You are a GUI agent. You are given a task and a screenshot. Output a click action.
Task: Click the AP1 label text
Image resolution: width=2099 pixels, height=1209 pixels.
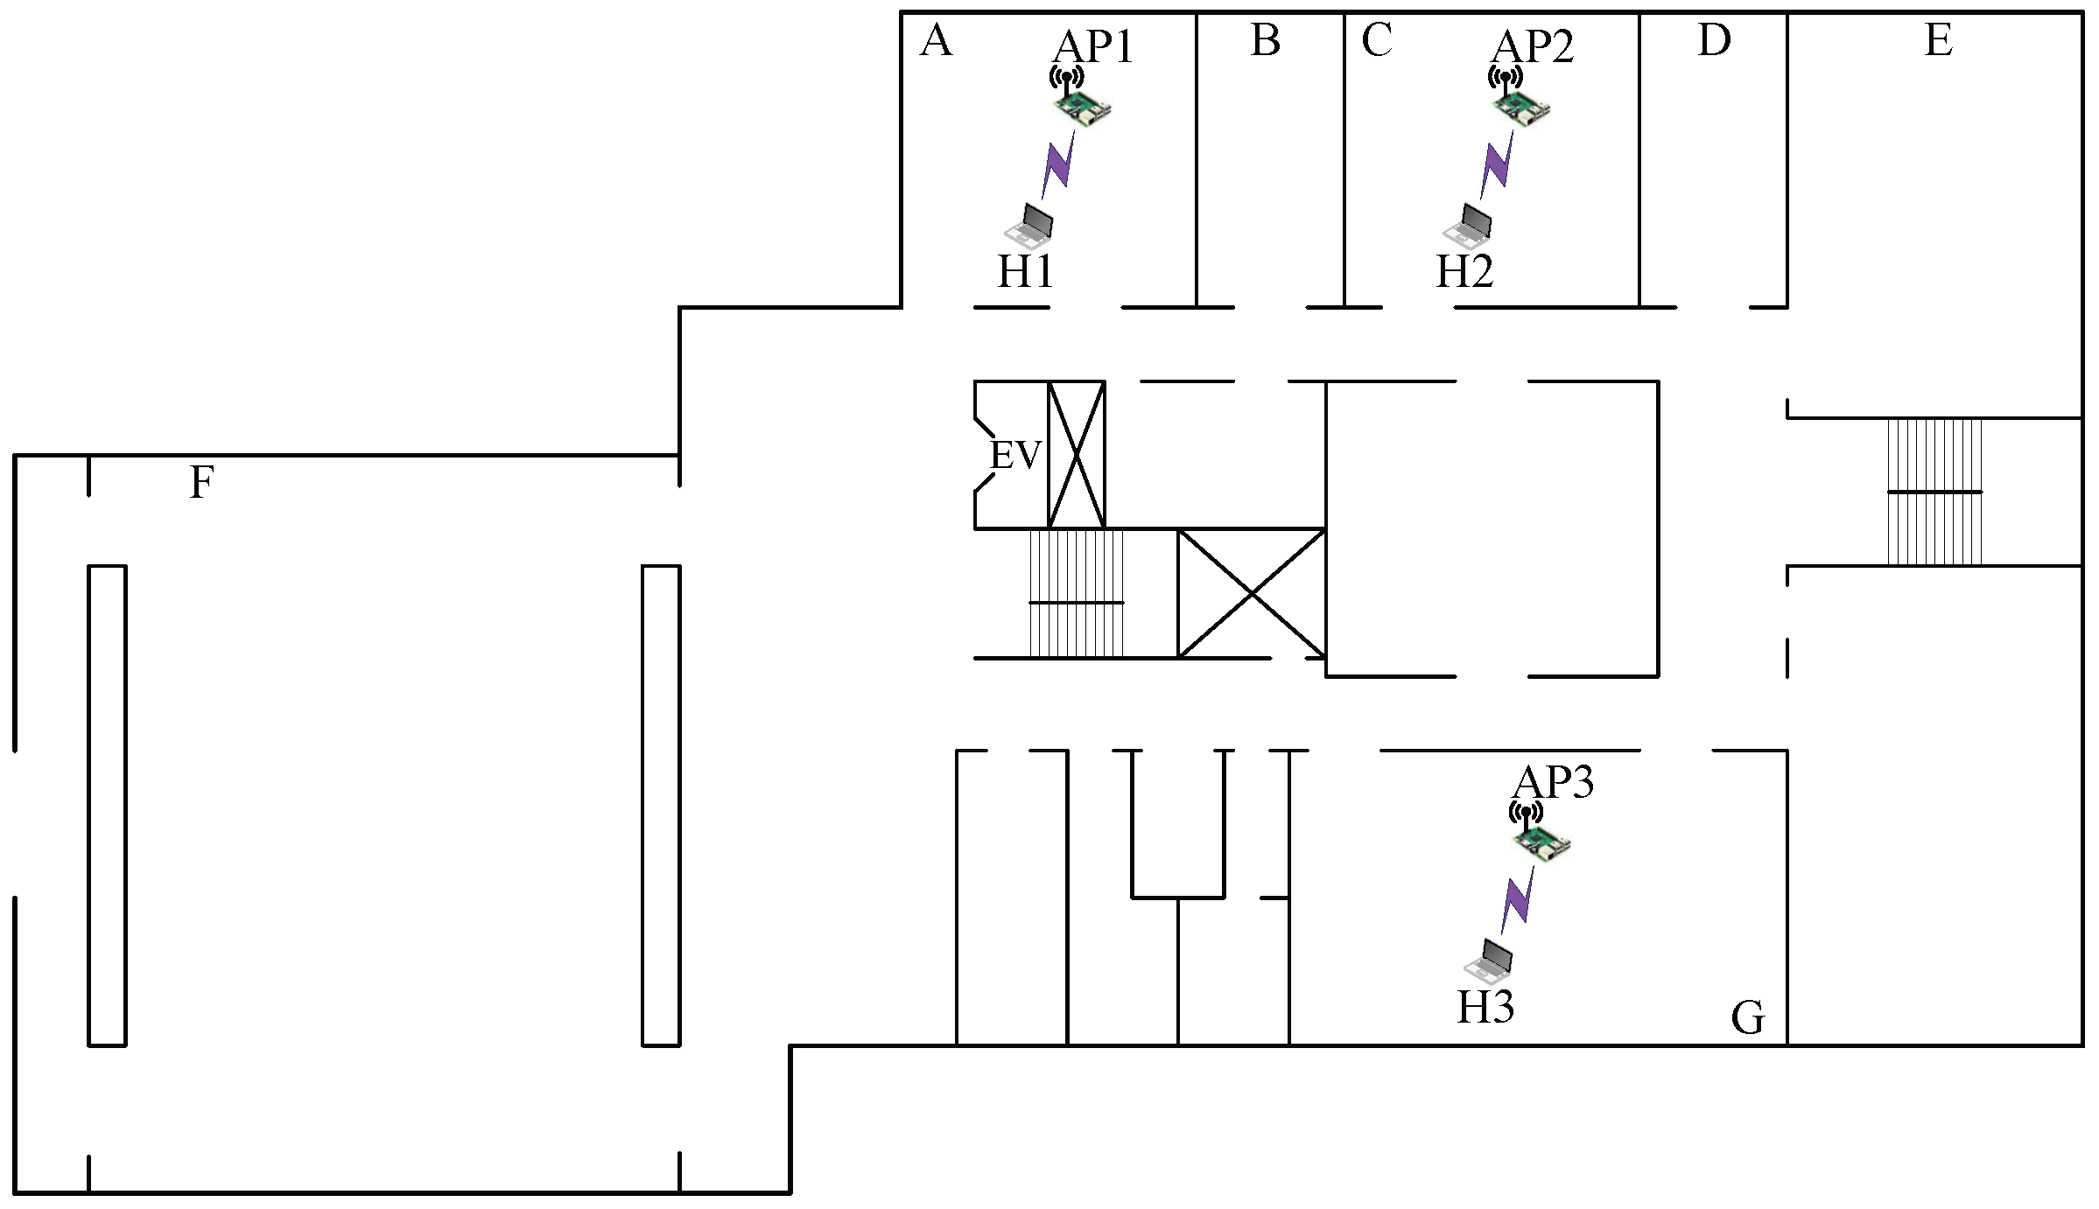(1093, 47)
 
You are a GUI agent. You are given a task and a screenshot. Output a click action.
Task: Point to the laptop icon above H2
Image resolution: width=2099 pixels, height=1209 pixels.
(1468, 224)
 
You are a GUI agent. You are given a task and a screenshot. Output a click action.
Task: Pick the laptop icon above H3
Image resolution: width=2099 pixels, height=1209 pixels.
(1490, 959)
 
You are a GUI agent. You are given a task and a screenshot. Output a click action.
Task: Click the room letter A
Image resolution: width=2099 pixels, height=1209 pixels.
(936, 41)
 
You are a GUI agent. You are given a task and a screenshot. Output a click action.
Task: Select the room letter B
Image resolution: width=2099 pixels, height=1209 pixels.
(1266, 40)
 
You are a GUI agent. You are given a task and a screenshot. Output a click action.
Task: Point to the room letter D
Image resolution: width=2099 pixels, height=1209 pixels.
(1714, 40)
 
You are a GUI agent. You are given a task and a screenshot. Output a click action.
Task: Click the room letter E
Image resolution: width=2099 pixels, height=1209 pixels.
(1939, 40)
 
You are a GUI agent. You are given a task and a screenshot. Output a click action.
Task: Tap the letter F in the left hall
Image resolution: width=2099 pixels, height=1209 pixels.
(201, 483)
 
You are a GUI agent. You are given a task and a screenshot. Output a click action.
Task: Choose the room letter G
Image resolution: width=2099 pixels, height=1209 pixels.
(1748, 1018)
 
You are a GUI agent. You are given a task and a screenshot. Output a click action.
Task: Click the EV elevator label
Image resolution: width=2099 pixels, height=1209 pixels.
(1014, 456)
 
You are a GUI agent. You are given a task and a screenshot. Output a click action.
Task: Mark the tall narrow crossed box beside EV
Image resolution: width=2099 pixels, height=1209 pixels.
(1077, 455)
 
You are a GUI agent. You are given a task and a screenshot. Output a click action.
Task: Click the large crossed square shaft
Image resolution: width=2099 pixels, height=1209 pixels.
(1252, 593)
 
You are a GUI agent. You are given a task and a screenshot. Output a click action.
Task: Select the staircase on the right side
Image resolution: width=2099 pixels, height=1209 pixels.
(1934, 492)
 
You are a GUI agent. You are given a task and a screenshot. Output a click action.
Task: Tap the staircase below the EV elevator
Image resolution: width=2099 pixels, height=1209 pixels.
(1076, 593)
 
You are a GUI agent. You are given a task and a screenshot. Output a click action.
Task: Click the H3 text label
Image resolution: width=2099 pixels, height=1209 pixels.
(1485, 1008)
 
